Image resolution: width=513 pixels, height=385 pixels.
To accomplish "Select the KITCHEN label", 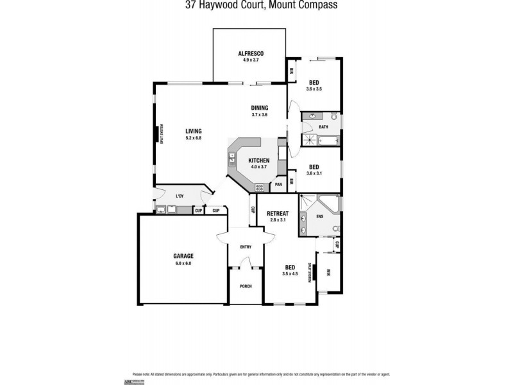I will click(x=258, y=160).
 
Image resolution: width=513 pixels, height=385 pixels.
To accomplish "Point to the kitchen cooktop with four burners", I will click(x=261, y=187).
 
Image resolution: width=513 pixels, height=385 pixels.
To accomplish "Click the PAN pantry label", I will click(x=278, y=185).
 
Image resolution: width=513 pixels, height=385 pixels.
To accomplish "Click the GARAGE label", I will click(x=183, y=256).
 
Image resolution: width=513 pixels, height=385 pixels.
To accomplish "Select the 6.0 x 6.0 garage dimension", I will click(x=183, y=263).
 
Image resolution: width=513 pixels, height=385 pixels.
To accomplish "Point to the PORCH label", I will click(x=246, y=286).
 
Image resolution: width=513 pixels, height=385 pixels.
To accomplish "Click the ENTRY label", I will click(x=246, y=247).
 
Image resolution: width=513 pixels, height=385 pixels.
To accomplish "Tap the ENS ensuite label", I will click(x=319, y=216).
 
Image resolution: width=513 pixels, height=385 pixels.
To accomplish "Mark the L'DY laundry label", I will click(x=180, y=196).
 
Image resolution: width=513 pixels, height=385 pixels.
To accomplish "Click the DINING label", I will click(x=259, y=108).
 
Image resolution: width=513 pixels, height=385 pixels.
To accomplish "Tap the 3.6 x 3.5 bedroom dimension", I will click(x=314, y=89).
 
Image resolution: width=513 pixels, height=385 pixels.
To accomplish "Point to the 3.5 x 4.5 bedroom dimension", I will click(x=290, y=274).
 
